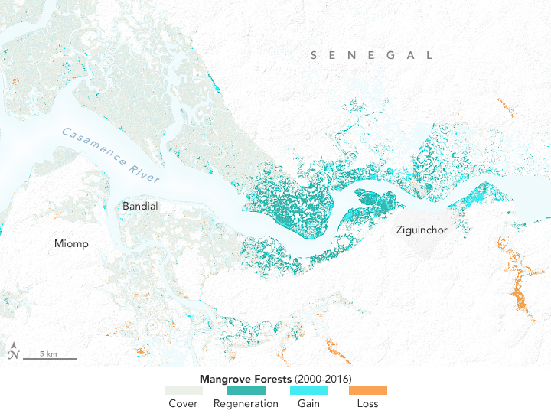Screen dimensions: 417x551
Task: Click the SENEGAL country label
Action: point(372,55)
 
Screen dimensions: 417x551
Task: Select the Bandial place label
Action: point(141,206)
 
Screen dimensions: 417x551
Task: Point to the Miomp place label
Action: point(71,243)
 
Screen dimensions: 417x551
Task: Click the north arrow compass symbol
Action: point(13,353)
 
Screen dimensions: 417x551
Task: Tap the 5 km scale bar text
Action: point(47,353)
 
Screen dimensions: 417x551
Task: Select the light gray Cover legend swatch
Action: point(184,390)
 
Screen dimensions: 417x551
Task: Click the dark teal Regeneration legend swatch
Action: point(246,390)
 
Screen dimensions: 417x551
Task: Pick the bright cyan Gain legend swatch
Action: point(308,390)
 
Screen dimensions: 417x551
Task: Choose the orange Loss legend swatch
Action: point(368,390)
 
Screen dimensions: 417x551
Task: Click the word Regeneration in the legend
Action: point(246,404)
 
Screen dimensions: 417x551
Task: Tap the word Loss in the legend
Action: point(368,404)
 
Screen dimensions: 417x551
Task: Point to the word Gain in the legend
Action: point(308,404)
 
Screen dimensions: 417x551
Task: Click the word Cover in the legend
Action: point(184,404)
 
